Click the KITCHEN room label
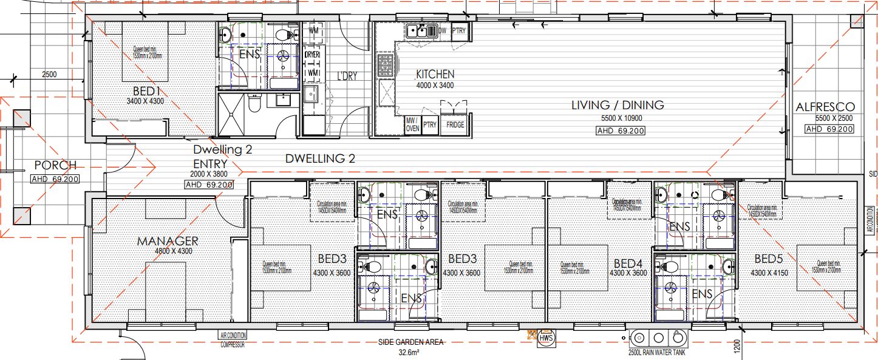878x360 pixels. click(435, 75)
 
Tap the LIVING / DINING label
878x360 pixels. click(617, 105)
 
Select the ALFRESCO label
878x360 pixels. click(825, 107)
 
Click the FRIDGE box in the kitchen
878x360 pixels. click(455, 124)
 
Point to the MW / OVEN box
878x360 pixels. click(412, 124)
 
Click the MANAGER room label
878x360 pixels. click(167, 242)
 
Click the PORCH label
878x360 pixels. click(55, 165)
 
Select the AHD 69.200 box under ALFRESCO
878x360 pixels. click(829, 129)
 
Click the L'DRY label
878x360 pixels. click(347, 76)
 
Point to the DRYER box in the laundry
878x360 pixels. click(312, 55)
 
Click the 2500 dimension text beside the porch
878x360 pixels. click(49, 75)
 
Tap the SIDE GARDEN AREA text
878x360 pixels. click(410, 342)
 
